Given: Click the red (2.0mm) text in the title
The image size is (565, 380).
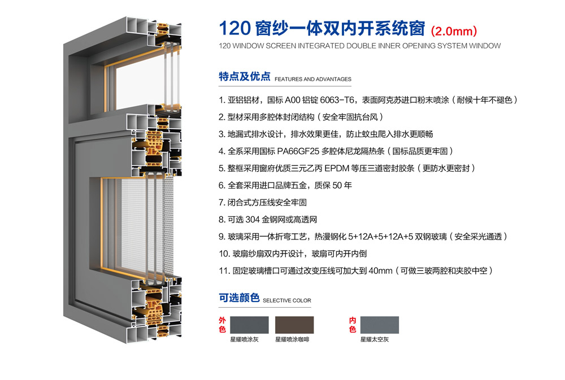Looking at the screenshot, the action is point(454,31).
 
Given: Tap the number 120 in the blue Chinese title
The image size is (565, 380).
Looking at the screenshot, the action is point(234,28).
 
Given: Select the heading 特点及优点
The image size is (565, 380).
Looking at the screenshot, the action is point(244,76).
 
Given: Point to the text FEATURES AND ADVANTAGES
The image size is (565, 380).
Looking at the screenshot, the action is point(313,79).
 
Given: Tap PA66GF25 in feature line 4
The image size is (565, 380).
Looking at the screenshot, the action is point(298,151).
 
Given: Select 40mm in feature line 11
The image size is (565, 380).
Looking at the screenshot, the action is point(380,271).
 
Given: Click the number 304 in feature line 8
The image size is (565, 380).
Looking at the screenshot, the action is point(252,220).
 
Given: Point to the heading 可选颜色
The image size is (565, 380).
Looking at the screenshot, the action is point(239,298).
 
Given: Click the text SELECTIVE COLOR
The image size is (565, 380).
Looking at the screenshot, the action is point(287,300).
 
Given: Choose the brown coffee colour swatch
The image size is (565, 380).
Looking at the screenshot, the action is point(294,325).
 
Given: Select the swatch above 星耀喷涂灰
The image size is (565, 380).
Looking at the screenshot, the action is point(249,325).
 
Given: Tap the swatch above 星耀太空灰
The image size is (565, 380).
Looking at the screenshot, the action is point(380,325).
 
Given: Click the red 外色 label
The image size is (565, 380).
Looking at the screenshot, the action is point(222,325).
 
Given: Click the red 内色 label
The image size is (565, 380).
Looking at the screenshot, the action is point(353,325).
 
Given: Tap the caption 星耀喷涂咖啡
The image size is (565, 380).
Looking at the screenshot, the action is point(292,339).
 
